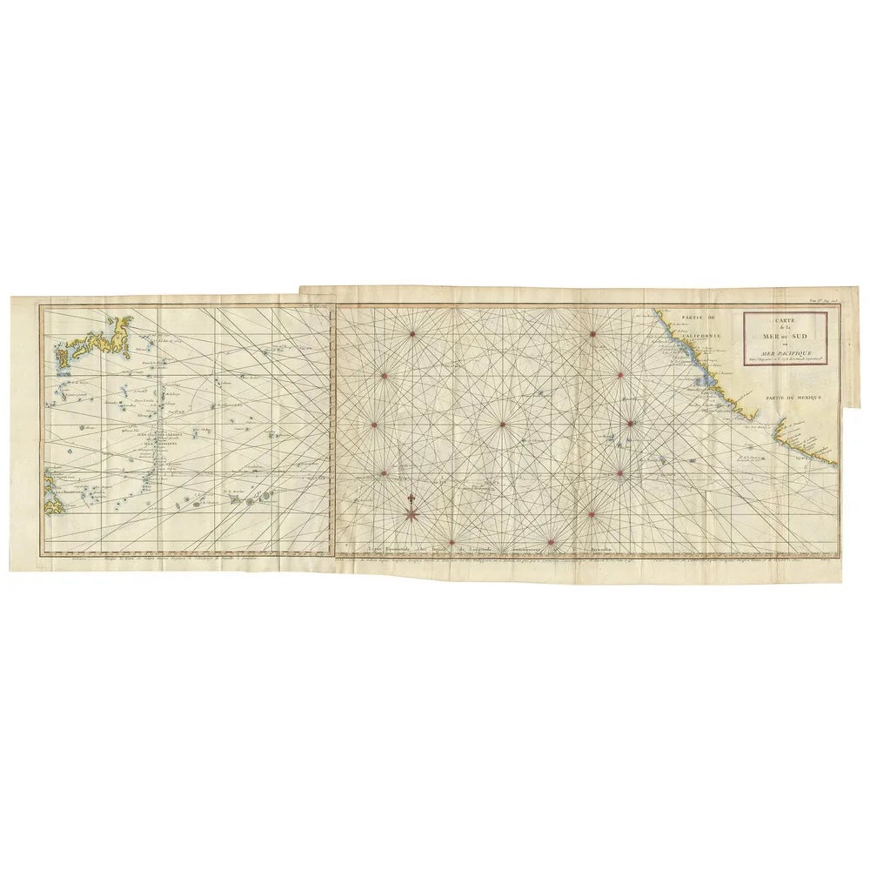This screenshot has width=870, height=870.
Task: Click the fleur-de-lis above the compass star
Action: coord(409,499)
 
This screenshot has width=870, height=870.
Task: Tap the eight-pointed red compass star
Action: coord(411,514)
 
